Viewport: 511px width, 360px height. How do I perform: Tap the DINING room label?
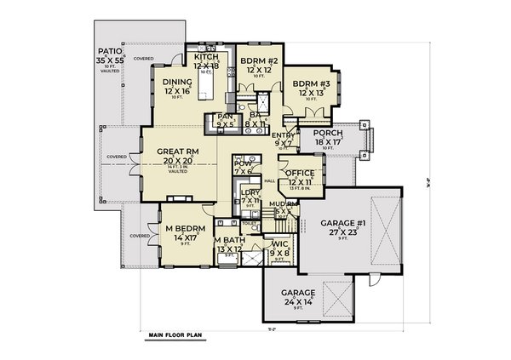pyautogui.click(x=179, y=83)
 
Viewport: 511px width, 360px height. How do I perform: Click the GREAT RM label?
pyautogui.click(x=179, y=151)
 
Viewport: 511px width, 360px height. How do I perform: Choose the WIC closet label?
pyautogui.click(x=279, y=243)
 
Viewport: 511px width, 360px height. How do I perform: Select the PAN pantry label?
pyautogui.click(x=226, y=117)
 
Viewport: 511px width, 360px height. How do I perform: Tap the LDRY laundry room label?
pyautogui.click(x=250, y=191)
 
